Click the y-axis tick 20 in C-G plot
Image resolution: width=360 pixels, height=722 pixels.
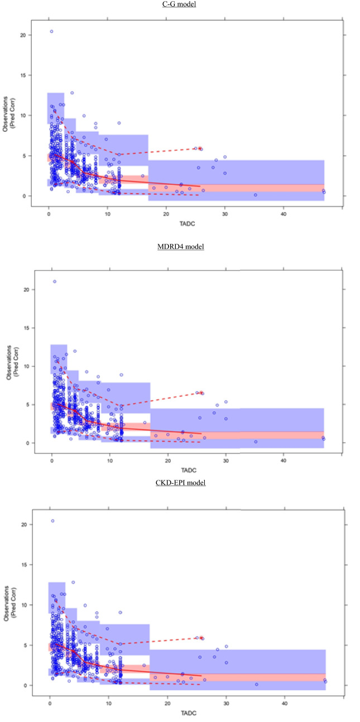[x=23, y=35]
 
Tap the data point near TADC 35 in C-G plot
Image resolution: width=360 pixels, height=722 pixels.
[x=255, y=195]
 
